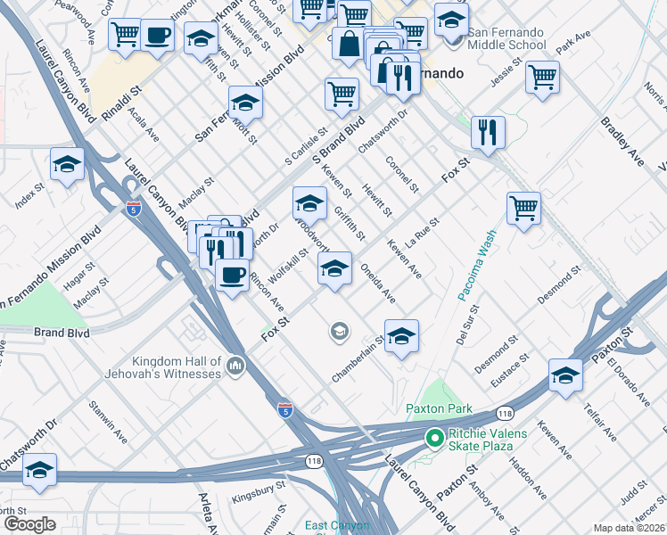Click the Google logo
29,524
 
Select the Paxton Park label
437,409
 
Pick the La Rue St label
423,234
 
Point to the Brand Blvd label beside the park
63,333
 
